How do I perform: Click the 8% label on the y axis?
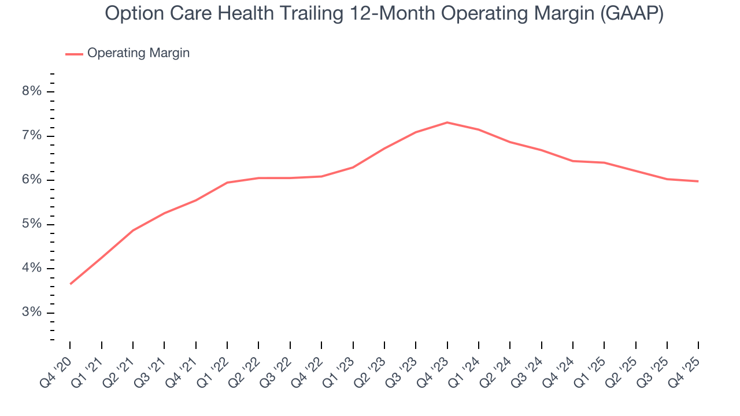[x=32, y=91]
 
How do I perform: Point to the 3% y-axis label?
[x=32, y=313]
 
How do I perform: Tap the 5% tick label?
[x=32, y=224]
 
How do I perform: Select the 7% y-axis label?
[x=32, y=136]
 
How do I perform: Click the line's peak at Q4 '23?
[x=447, y=122]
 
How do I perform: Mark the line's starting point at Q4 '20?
[x=71, y=284]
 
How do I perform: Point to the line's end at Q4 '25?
[x=698, y=181]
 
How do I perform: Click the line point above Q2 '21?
[x=133, y=231]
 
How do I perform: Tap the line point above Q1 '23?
[x=353, y=168]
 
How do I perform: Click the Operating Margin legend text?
[x=138, y=53]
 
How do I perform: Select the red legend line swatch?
[x=74, y=54]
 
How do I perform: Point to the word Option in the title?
[x=132, y=14]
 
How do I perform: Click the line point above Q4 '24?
[x=572, y=161]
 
